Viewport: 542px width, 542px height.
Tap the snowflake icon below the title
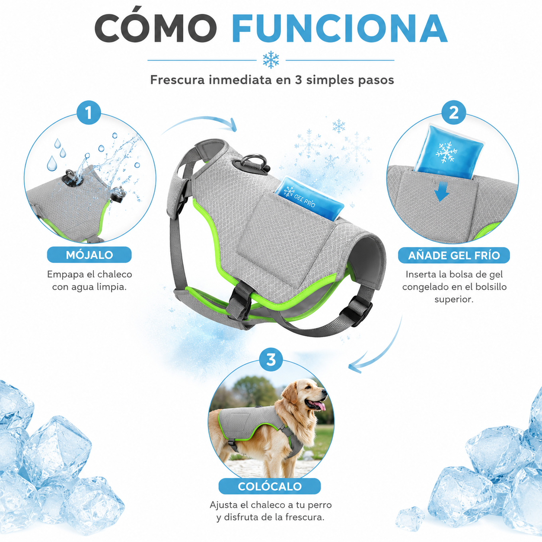(271, 60)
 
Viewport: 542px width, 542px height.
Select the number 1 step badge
(89, 112)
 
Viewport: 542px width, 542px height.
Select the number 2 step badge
(454, 112)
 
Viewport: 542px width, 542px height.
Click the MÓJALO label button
(89, 255)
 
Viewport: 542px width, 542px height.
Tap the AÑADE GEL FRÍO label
(454, 255)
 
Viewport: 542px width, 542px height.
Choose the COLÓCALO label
(270, 486)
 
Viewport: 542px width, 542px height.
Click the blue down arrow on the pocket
(441, 191)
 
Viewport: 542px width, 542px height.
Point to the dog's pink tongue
(321, 406)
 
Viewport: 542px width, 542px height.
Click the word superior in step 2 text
(454, 299)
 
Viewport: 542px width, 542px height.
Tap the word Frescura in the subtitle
(177, 80)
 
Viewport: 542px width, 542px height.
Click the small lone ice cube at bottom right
(410, 519)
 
